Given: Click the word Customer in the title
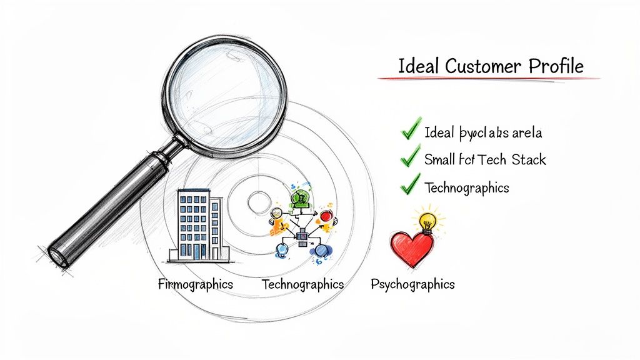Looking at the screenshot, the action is (484, 66).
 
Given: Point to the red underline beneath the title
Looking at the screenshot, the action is (487, 79).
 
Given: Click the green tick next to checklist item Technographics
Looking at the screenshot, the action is (410, 185).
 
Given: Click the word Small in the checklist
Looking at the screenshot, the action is (439, 159).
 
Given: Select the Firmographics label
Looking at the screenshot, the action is (196, 284).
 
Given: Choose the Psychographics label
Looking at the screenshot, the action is (412, 284).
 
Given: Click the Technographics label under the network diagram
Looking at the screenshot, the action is (302, 284).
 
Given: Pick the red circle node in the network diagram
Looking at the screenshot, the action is (326, 216).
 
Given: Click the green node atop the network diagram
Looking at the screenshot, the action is (301, 197).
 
